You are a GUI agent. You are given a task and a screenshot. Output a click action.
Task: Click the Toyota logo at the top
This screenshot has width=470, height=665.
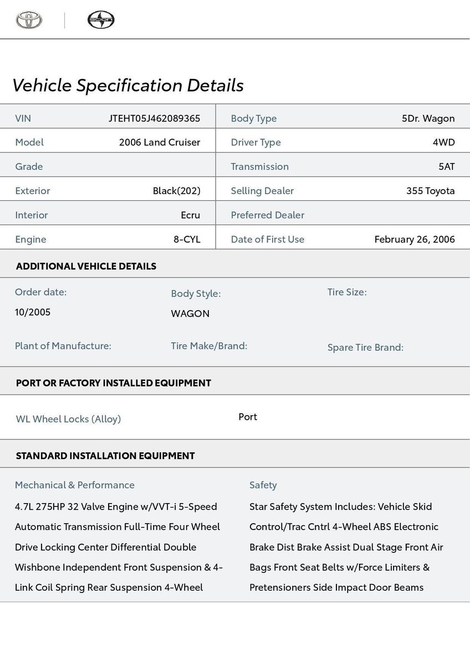click(x=29, y=20)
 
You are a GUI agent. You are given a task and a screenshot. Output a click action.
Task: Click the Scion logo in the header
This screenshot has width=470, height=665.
click(x=101, y=20)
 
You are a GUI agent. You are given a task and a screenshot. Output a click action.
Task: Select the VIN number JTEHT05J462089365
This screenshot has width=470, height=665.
click(x=154, y=118)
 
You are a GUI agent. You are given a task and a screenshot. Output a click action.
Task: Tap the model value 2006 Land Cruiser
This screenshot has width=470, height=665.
click(x=160, y=142)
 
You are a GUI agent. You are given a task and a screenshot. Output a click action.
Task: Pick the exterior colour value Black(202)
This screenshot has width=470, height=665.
click(x=176, y=191)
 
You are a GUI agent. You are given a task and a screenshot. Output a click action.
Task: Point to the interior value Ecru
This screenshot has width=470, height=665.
click(x=190, y=215)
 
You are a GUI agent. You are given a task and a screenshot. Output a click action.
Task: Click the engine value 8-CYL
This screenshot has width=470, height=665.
click(x=187, y=240)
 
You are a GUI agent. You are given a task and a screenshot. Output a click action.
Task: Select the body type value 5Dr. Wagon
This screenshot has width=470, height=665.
click(x=428, y=118)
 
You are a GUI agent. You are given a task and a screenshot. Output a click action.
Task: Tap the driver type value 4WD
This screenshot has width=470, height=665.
click(x=443, y=142)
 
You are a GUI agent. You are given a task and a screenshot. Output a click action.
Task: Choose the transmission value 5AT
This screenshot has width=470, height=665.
click(x=446, y=166)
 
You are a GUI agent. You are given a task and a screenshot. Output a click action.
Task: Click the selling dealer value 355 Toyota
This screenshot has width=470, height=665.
click(x=430, y=191)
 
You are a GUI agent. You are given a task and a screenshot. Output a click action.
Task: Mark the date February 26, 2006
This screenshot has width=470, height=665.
click(x=415, y=240)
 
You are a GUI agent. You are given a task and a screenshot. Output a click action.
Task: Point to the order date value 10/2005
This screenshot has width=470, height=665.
click(x=33, y=312)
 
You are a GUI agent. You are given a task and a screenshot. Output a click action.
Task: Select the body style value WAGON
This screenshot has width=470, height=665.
click(x=190, y=313)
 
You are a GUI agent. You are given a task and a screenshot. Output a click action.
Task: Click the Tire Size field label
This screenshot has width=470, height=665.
click(x=347, y=292)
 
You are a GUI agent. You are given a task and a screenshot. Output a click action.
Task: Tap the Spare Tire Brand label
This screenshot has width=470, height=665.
click(x=365, y=348)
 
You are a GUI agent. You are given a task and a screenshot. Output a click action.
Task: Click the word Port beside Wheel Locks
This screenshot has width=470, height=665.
click(x=248, y=417)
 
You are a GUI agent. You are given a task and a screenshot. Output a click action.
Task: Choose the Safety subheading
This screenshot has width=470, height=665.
click(x=263, y=485)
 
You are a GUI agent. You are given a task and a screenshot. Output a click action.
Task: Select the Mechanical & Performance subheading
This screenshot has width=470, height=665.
click(x=75, y=485)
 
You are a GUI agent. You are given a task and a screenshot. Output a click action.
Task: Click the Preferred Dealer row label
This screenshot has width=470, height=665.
click(x=267, y=215)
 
